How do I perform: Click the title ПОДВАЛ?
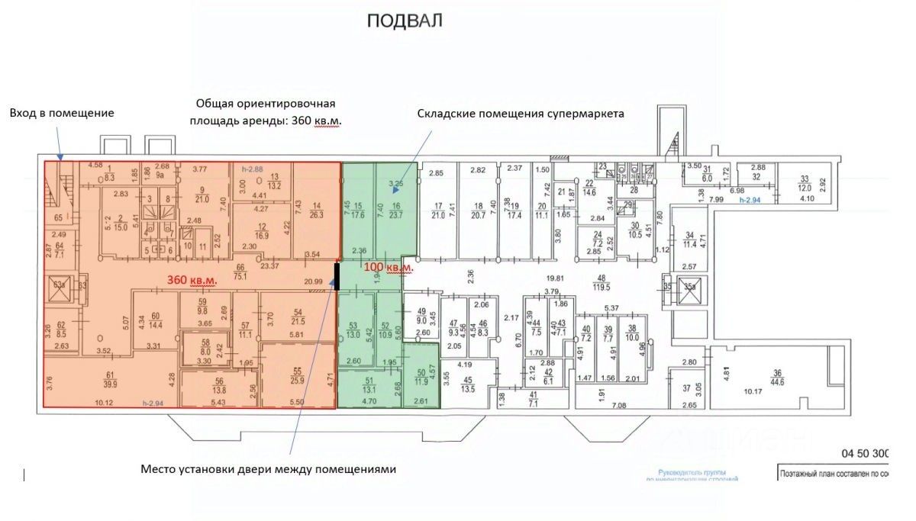pos(405,21)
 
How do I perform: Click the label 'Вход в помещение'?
pos(62,113)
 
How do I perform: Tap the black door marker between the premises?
pos(337,275)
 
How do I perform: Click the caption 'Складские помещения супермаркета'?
pos(521,114)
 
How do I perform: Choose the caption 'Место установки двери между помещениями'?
pos(269,469)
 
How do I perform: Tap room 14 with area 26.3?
pos(316,210)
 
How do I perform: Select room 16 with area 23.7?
pos(396,210)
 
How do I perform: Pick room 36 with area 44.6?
pos(777,377)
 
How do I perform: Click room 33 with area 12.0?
pos(804,184)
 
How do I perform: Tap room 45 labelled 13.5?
pos(468,384)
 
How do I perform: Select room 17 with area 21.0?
pos(438,211)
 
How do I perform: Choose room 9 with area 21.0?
pos(202,195)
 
